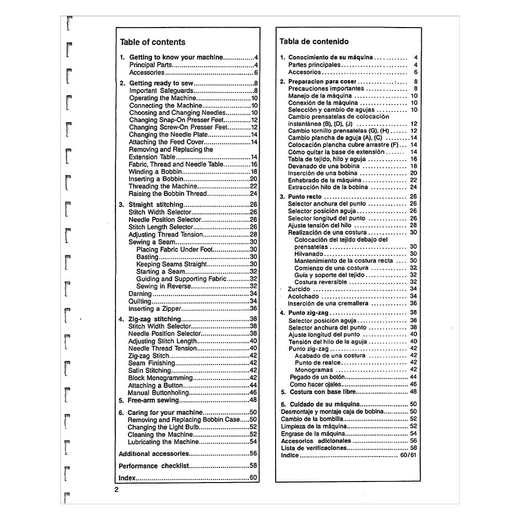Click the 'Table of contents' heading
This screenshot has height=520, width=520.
[x=152, y=42]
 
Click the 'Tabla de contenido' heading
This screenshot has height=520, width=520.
[x=314, y=41]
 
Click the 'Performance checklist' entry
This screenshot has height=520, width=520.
[x=153, y=466]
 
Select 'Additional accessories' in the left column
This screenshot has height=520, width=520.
[x=153, y=453]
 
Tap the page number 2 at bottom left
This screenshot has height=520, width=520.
[x=116, y=489]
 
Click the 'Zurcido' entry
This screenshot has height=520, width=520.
[x=299, y=289]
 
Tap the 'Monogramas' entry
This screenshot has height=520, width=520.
[x=314, y=370]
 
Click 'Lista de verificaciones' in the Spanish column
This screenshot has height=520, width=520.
[x=314, y=448]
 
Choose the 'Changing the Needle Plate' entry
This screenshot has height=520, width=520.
[x=164, y=135]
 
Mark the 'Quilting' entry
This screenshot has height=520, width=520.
[x=140, y=301]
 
